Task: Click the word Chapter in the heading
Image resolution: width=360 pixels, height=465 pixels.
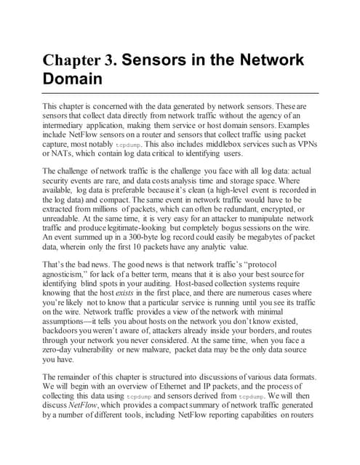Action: [72, 60]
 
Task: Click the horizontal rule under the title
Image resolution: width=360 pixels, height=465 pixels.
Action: [179, 93]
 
